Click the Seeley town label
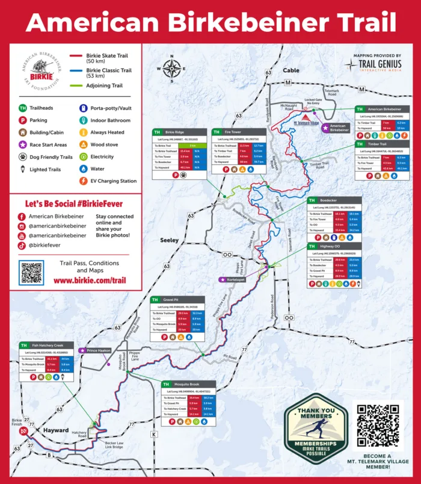tap(169, 240)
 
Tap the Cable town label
tap(291, 70)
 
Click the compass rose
tap(172, 67)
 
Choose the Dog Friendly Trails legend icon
tap(22, 157)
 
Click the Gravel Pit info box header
tap(178, 300)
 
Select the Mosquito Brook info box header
tap(190, 384)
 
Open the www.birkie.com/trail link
tap(90, 281)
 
